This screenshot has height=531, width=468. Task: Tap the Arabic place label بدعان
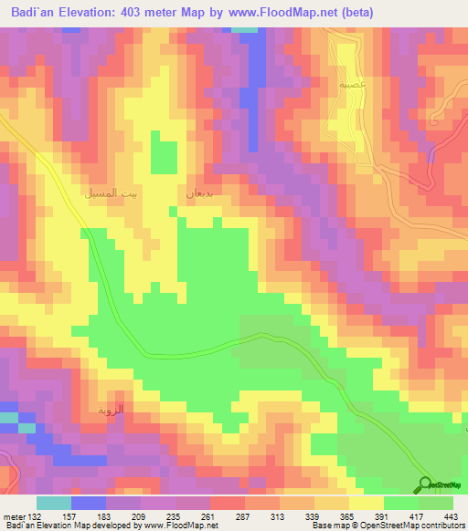(198, 193)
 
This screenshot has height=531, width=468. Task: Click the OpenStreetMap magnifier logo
(427, 484)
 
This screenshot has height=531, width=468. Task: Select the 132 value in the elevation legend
(35, 515)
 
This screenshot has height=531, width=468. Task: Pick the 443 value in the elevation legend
(448, 515)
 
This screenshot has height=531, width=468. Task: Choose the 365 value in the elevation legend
(345, 515)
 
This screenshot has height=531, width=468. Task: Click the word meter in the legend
(13, 515)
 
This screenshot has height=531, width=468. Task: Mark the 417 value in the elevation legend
(413, 515)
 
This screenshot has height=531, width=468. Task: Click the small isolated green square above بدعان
(164, 155)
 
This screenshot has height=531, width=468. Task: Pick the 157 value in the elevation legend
(69, 515)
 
